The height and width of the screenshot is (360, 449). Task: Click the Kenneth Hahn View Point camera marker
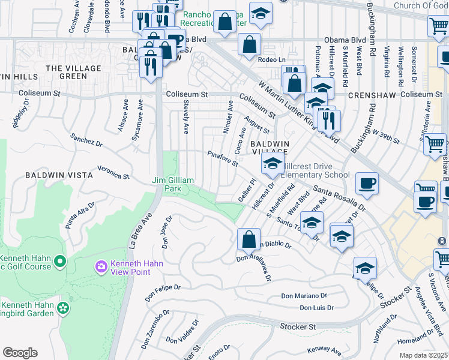101,265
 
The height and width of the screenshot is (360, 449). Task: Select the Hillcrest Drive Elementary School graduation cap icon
273,165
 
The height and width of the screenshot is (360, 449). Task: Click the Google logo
20,353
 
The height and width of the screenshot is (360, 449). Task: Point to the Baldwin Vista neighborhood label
59,175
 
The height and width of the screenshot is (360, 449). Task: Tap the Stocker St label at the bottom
298,327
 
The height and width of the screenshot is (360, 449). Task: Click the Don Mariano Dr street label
304,296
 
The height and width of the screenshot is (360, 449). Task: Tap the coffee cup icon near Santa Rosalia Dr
367,183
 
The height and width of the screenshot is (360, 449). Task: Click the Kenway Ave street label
324,349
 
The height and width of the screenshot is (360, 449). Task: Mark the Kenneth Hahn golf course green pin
59,261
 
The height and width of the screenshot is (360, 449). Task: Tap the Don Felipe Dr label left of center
163,292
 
